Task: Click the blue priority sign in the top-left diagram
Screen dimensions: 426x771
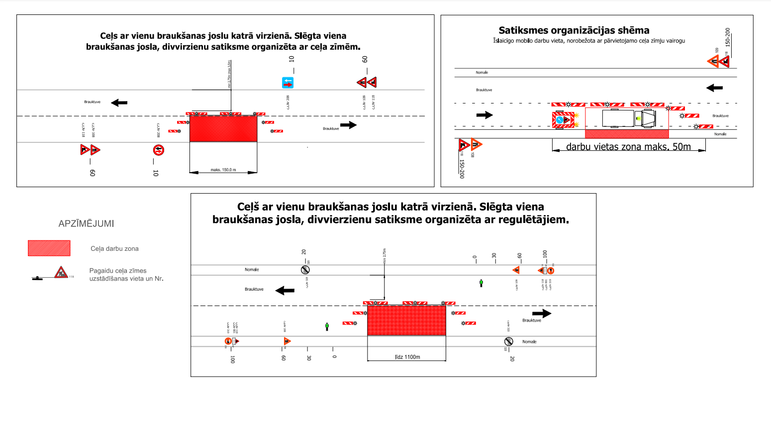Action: (288, 83)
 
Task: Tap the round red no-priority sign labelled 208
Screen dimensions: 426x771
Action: (158, 150)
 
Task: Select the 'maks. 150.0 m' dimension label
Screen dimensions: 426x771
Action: (223, 170)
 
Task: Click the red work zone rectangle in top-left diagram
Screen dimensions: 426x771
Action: (223, 128)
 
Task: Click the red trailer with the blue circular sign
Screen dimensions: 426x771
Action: (563, 120)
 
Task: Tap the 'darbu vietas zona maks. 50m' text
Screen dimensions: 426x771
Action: (628, 147)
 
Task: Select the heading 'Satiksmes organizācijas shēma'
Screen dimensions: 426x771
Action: (574, 30)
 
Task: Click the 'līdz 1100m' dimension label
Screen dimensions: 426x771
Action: (407, 357)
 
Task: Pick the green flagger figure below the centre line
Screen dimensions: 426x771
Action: (327, 326)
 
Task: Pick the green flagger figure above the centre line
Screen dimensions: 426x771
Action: (481, 283)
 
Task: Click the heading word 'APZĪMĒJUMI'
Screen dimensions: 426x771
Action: (87, 224)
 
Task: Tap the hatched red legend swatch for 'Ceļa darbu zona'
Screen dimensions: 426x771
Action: (49, 248)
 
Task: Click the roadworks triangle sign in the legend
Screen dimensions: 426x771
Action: (61, 272)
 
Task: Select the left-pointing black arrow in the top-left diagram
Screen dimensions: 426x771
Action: (119, 103)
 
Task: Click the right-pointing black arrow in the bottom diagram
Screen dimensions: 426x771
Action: (542, 313)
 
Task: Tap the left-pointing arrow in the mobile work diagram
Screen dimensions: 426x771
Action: (714, 88)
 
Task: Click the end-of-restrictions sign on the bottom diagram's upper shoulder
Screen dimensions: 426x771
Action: (305, 270)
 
